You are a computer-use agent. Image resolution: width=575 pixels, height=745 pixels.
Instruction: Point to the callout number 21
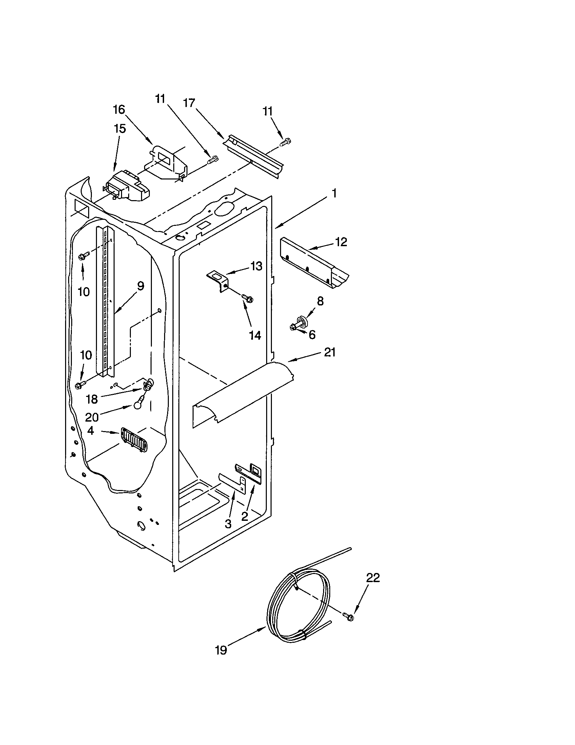330,352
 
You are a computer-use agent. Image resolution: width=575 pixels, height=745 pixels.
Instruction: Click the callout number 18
92,399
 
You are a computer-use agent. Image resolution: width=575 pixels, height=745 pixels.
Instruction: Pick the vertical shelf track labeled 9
105,300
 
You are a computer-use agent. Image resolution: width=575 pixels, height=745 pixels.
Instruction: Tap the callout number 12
341,242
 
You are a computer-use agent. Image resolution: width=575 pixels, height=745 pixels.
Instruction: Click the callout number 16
119,110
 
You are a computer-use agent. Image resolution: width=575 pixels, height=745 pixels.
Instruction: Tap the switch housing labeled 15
127,190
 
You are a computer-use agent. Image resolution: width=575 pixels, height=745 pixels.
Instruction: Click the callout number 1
334,193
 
